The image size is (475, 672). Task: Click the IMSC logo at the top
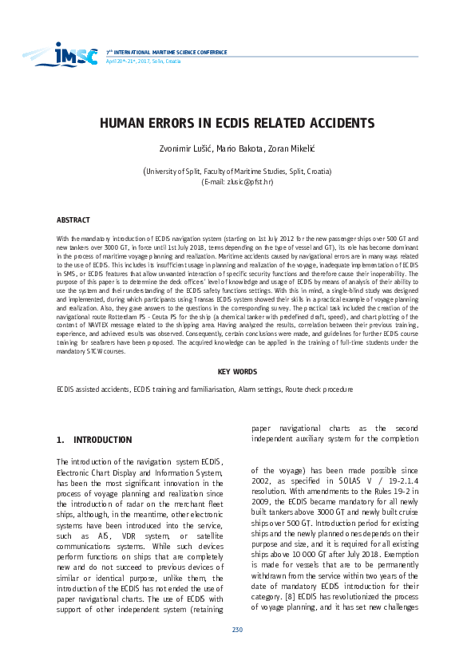[77, 53]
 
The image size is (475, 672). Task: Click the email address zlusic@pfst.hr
[251, 182]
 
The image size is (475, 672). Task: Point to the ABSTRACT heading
[73, 219]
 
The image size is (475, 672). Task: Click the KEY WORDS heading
[237, 372]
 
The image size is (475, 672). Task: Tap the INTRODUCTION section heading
[102, 440]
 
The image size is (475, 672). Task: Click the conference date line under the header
[133, 61]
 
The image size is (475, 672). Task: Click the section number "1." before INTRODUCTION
[61, 440]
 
